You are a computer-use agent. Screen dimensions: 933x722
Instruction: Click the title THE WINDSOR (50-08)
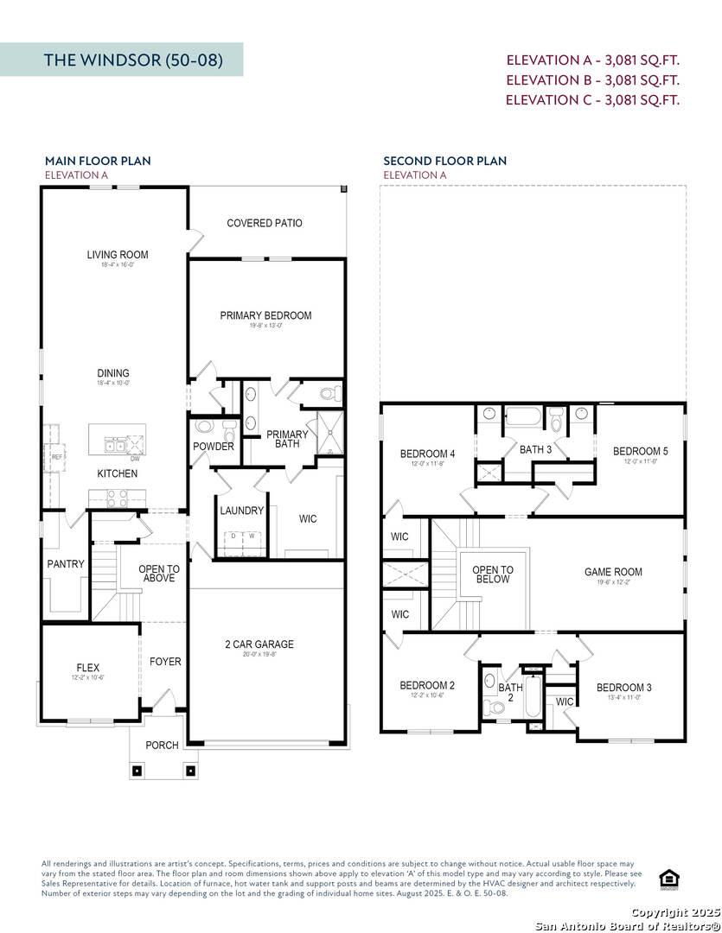tap(133, 60)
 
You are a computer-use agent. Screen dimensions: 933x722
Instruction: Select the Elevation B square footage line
tap(592, 79)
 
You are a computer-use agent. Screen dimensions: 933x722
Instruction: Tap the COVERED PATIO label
tap(265, 223)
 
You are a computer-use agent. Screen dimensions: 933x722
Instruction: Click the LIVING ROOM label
tap(118, 255)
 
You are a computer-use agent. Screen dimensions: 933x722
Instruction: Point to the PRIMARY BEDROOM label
tap(265, 315)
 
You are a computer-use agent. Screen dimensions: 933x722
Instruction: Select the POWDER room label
tap(214, 447)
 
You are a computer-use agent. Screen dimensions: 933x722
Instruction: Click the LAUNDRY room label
tap(241, 511)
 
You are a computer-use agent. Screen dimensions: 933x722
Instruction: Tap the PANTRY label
tap(66, 564)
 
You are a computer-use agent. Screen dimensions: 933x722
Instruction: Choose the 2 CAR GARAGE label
tap(259, 644)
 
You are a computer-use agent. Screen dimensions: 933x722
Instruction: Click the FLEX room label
tap(87, 668)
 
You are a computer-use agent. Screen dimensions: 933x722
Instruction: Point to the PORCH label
tap(162, 745)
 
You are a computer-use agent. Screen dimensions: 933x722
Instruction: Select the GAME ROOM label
tap(613, 572)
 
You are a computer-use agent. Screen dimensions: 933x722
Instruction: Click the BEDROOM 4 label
tap(427, 454)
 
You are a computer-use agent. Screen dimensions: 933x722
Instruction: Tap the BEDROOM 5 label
tap(640, 451)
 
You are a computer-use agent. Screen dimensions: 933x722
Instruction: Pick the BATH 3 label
tap(535, 449)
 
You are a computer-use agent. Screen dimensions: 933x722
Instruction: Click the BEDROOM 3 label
tap(623, 688)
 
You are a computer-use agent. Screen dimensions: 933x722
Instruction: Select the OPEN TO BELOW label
tap(493, 574)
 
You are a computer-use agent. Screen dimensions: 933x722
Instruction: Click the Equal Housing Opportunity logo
tap(668, 879)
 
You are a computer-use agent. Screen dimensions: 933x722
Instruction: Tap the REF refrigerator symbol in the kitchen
tap(57, 456)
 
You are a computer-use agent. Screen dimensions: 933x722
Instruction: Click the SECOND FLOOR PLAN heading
tap(444, 161)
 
